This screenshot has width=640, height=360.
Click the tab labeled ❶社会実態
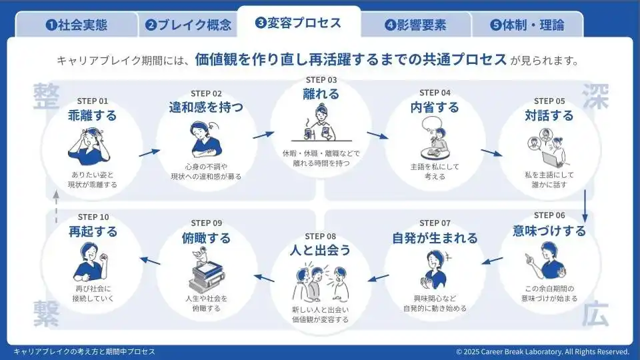pyautogui.click(x=76, y=25)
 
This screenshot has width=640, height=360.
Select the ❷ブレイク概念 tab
pyautogui.click(x=189, y=25)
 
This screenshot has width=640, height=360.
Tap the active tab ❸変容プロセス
pyautogui.click(x=298, y=23)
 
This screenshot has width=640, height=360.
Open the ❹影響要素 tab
pyautogui.click(x=415, y=25)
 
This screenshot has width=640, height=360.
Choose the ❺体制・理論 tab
pyautogui.click(x=527, y=25)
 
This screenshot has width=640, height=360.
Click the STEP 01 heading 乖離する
pyautogui.click(x=93, y=115)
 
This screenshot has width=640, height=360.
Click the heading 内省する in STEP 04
pyautogui.click(x=435, y=107)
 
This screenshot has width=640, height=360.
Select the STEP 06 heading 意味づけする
pyautogui.click(x=549, y=231)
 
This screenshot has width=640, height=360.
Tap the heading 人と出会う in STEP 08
pyautogui.click(x=321, y=251)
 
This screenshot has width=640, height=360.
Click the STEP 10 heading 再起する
pyautogui.click(x=93, y=232)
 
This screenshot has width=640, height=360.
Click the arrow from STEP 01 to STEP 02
pyautogui.click(x=149, y=153)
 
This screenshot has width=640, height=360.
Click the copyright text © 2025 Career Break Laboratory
pyautogui.click(x=543, y=351)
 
